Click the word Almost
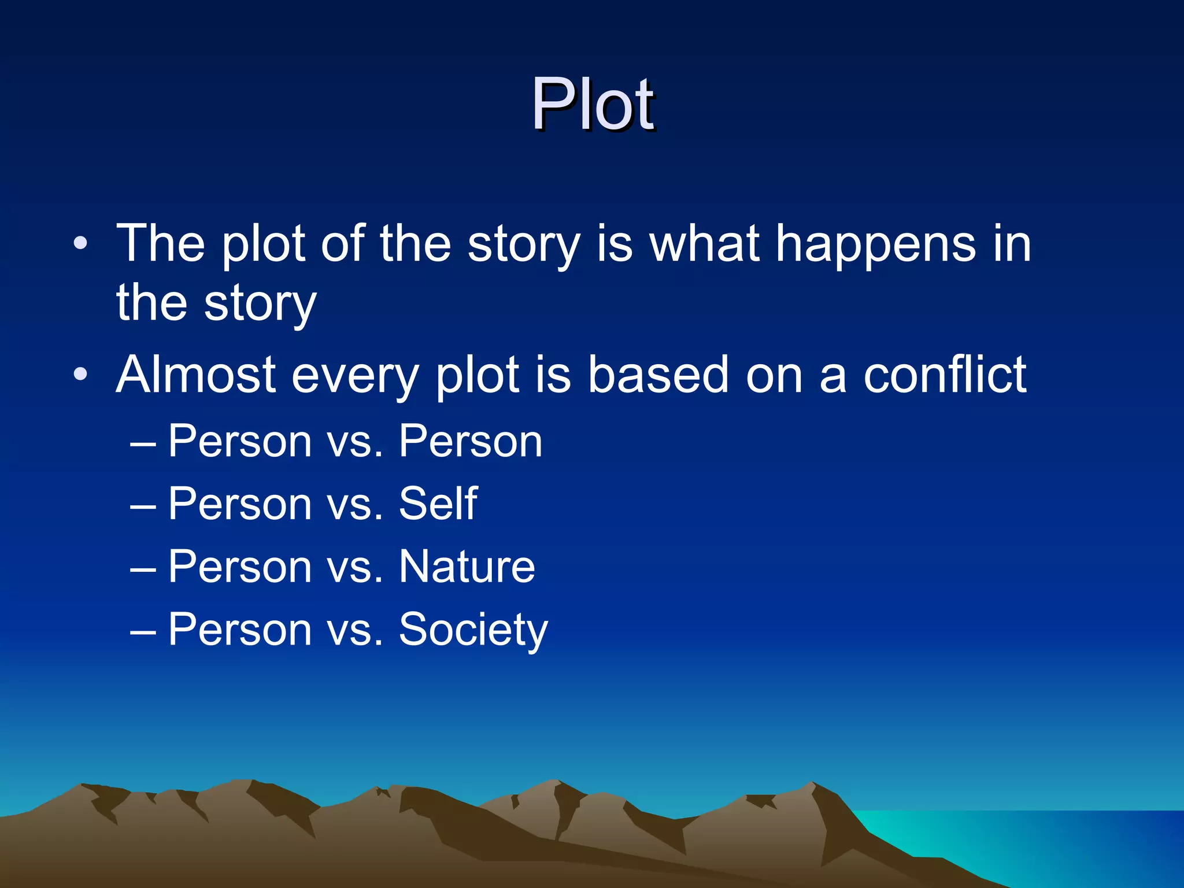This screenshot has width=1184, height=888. click(x=196, y=375)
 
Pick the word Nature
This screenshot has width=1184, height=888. click(x=467, y=567)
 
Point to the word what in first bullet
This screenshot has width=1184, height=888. click(x=704, y=244)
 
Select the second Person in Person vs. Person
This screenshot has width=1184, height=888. click(x=471, y=441)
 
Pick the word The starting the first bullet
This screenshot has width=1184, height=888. click(x=161, y=244)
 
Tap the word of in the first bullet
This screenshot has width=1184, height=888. click(x=342, y=244)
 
